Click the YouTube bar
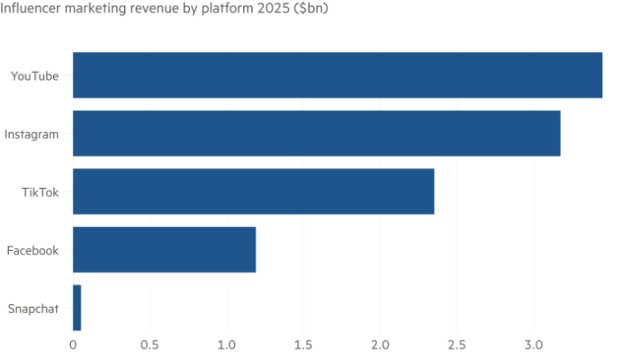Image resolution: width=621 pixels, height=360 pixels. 337,76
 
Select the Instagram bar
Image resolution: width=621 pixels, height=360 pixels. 316,134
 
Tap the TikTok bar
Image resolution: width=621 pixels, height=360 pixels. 254,192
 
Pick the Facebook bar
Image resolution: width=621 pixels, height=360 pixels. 164,250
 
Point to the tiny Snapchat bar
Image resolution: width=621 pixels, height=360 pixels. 76,308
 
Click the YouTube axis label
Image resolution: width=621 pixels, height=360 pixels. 34,76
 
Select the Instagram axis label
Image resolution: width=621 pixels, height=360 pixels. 31,134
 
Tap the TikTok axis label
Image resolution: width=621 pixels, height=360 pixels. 40,192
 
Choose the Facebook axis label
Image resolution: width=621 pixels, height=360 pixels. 32,250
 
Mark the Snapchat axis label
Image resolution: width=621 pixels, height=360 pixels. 32,308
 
